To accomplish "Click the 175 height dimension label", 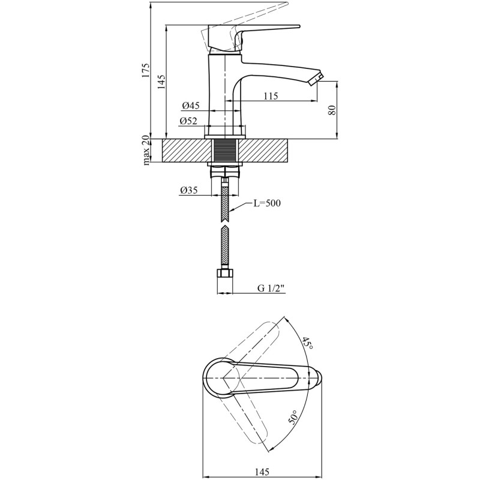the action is pos(146,70).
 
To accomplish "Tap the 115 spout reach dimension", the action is pos(271,96).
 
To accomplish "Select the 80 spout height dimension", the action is pos(332,110).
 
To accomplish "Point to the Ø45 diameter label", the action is pos(190,106).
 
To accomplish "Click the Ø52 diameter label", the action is pos(188,121).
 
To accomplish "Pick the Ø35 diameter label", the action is pos(188,191).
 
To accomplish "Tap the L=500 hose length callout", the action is pos(266,203).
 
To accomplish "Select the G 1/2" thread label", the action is pos(271,289).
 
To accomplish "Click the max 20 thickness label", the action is pos(146,151).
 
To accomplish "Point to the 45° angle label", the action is pos(308,343).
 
